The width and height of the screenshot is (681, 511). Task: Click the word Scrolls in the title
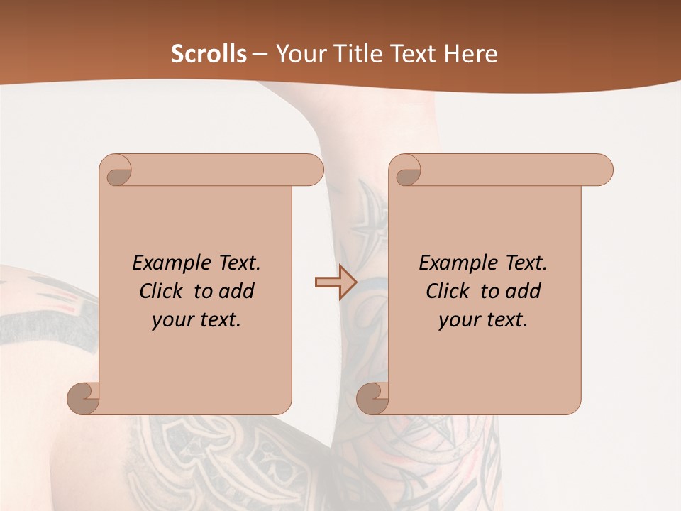click(x=209, y=54)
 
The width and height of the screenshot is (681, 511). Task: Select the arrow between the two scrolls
click(x=336, y=282)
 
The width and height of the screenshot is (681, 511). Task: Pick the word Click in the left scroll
click(x=163, y=291)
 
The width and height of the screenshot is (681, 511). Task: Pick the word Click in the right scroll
click(x=450, y=291)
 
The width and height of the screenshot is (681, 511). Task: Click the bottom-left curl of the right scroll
click(x=372, y=397)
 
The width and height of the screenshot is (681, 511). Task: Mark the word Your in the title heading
click(x=299, y=54)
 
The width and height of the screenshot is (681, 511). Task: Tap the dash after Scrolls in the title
click(x=260, y=55)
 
